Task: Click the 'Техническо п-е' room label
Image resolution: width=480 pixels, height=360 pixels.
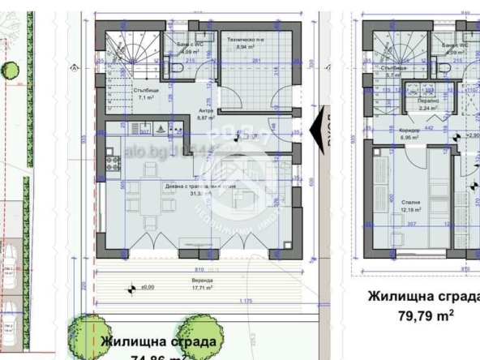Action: (241, 39)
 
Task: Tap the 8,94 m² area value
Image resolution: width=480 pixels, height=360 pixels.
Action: (241, 47)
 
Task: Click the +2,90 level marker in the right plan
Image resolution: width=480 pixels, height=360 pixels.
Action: (472, 135)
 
